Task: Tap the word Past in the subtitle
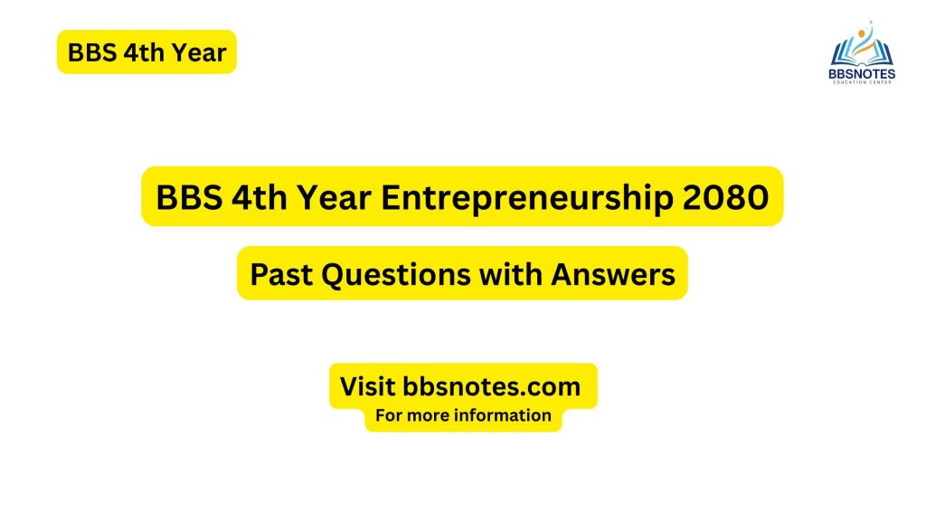277,273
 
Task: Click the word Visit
367,387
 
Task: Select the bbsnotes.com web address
491,387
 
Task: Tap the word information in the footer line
505,416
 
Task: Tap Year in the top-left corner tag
199,52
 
